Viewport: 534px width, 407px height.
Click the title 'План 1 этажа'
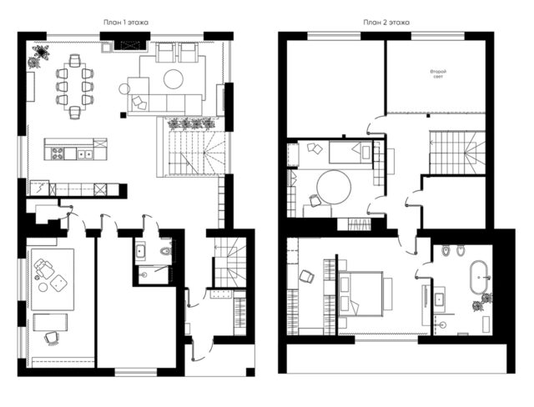click(x=126, y=23)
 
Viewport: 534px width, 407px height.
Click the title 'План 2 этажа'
click(x=386, y=23)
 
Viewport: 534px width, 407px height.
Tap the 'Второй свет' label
click(x=438, y=74)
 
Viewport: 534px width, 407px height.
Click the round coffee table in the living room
click(x=174, y=79)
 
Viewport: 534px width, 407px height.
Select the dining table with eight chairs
click(x=75, y=87)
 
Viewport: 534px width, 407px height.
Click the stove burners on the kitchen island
click(x=57, y=153)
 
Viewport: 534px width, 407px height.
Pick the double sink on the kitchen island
click(x=84, y=153)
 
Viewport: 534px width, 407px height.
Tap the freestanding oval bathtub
click(x=480, y=278)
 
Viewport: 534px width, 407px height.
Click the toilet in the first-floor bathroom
click(x=166, y=251)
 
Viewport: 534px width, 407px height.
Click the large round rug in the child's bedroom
click(x=334, y=187)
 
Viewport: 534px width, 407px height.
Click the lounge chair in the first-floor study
click(x=44, y=268)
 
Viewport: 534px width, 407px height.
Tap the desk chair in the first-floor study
click(x=52, y=339)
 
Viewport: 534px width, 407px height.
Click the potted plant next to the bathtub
click(x=482, y=302)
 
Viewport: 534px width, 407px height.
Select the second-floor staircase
click(x=457, y=153)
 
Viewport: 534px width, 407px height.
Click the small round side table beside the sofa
click(x=124, y=89)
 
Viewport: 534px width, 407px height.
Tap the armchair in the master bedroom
click(x=307, y=276)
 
